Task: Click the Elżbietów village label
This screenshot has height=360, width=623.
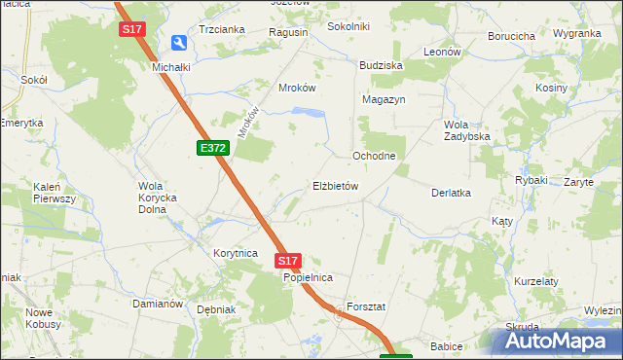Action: [x=336, y=186]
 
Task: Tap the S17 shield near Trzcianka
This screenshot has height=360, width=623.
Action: [x=132, y=30]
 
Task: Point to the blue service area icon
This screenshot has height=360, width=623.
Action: [x=179, y=43]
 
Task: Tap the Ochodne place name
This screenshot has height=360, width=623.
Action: [x=373, y=156]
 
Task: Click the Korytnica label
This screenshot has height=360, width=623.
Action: [x=235, y=253]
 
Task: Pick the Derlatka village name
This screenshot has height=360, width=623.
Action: [x=451, y=193]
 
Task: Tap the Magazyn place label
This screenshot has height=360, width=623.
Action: [x=383, y=100]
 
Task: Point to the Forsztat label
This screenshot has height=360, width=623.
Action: [x=366, y=306]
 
